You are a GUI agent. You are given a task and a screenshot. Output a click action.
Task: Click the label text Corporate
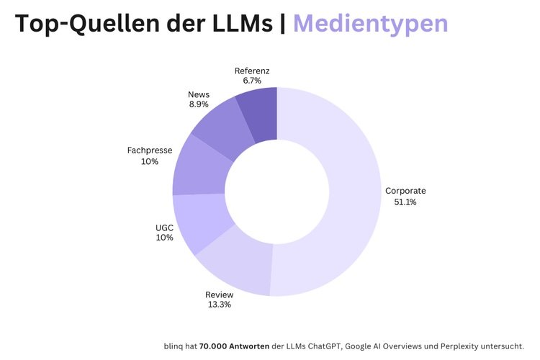[x=405, y=191]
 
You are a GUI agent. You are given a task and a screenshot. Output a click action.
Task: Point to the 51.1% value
[x=405, y=202]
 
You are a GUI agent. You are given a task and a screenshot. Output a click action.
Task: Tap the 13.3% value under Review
[x=220, y=305]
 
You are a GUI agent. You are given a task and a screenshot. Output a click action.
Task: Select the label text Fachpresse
[x=149, y=150]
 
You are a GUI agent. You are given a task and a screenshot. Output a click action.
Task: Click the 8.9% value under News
[x=199, y=104]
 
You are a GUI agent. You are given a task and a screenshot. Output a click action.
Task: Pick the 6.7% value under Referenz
[x=252, y=81]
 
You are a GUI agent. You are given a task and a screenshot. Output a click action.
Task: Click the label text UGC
[x=164, y=228]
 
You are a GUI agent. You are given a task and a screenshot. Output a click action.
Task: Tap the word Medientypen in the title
[x=370, y=24]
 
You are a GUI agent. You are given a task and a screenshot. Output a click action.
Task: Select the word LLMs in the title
[x=240, y=24]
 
